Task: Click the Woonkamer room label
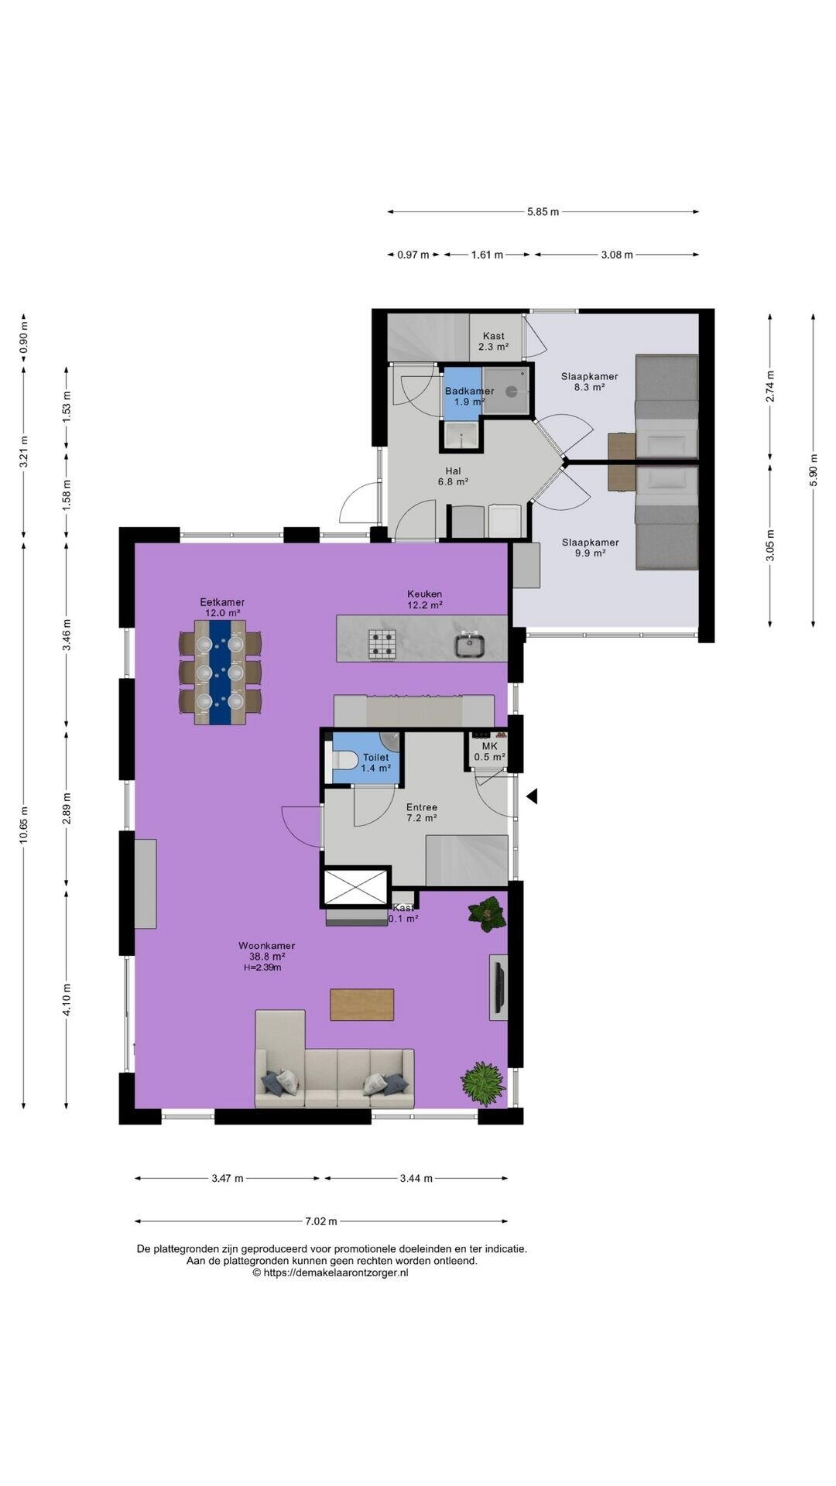click(x=266, y=945)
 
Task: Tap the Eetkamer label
click(x=222, y=601)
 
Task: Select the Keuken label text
click(x=425, y=594)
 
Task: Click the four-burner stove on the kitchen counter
click(x=382, y=644)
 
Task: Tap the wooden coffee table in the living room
click(x=361, y=1005)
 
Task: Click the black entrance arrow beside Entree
click(x=532, y=796)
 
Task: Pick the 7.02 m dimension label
click(x=321, y=1221)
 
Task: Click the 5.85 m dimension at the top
click(x=543, y=211)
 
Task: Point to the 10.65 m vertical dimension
click(x=24, y=829)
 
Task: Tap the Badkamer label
click(x=469, y=391)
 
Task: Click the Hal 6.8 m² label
click(x=453, y=476)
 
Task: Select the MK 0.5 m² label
click(x=489, y=752)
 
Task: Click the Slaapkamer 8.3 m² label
click(x=589, y=382)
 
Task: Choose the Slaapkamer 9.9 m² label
click(x=590, y=547)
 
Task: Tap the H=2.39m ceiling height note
click(x=262, y=967)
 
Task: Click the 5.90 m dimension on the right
click(x=814, y=469)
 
